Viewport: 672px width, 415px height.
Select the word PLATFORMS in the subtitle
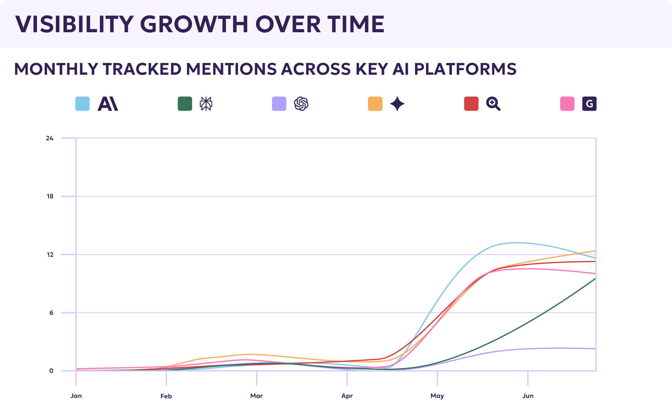[x=465, y=69]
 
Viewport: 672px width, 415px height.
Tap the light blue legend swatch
[x=83, y=104]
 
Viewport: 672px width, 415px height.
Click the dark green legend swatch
[x=185, y=104]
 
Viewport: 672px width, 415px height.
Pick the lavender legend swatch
[x=279, y=104]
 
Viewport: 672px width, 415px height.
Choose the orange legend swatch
[x=375, y=104]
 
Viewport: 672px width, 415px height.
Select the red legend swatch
[x=471, y=104]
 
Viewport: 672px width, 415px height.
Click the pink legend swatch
[x=567, y=104]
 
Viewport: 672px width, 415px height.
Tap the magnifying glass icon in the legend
[x=493, y=104]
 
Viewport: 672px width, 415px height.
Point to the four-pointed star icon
[x=397, y=104]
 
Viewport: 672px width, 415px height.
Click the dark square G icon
[x=589, y=104]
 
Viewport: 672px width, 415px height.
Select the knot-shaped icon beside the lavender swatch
[x=301, y=104]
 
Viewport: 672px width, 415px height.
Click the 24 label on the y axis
[x=50, y=138]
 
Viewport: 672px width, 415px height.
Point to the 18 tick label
[x=50, y=196]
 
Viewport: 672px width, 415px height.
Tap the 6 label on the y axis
[x=52, y=313]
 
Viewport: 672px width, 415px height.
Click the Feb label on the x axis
[x=166, y=396]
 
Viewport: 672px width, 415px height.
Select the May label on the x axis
[x=437, y=396]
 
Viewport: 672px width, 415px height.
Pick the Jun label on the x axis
[x=528, y=396]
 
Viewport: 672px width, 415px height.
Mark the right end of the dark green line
[x=595, y=278]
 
